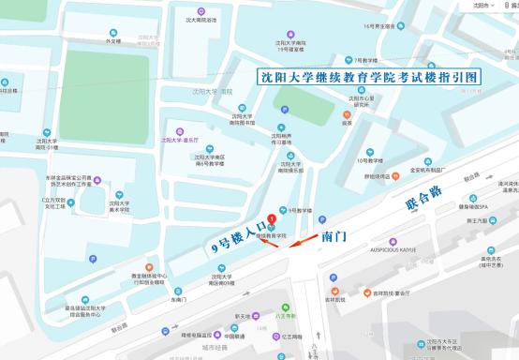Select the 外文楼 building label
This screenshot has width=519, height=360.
click(x=113, y=41)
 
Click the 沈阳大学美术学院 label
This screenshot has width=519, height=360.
click(x=119, y=208)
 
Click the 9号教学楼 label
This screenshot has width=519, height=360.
click(x=299, y=211)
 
